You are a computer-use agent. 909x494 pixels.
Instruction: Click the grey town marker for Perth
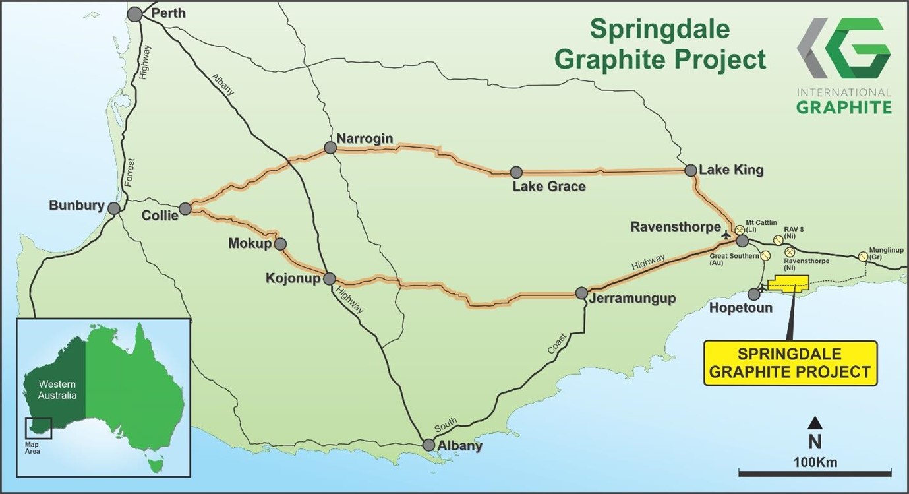[x=134, y=14]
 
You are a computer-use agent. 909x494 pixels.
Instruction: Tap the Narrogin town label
[x=365, y=138]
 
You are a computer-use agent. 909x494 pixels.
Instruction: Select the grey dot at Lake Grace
[x=516, y=172]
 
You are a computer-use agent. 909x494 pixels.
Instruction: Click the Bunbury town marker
[x=114, y=208]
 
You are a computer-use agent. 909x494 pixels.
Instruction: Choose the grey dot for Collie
[x=185, y=209]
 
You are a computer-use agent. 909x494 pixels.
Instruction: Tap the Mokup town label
[x=250, y=243]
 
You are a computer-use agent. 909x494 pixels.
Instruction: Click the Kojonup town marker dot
[x=330, y=278]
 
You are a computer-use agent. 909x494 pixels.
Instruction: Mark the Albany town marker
[x=429, y=445]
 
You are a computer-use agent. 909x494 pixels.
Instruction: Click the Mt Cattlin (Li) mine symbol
[x=740, y=230]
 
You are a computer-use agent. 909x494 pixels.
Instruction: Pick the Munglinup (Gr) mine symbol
[x=864, y=257]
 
